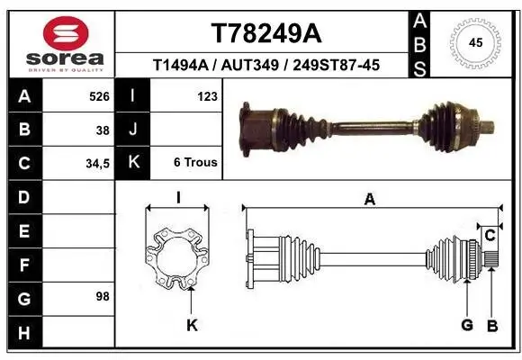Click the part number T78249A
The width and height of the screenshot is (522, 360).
[x=265, y=33]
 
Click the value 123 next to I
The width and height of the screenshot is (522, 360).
[x=206, y=96]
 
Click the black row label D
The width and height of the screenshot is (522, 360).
[x=22, y=196]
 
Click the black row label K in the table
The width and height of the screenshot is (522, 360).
[x=132, y=163]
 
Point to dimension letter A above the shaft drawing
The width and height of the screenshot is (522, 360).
[x=369, y=201]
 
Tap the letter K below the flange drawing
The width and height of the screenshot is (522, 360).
[x=191, y=326]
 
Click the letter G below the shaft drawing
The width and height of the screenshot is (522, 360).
[x=466, y=325]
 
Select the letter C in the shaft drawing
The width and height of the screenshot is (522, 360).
[x=490, y=236]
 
